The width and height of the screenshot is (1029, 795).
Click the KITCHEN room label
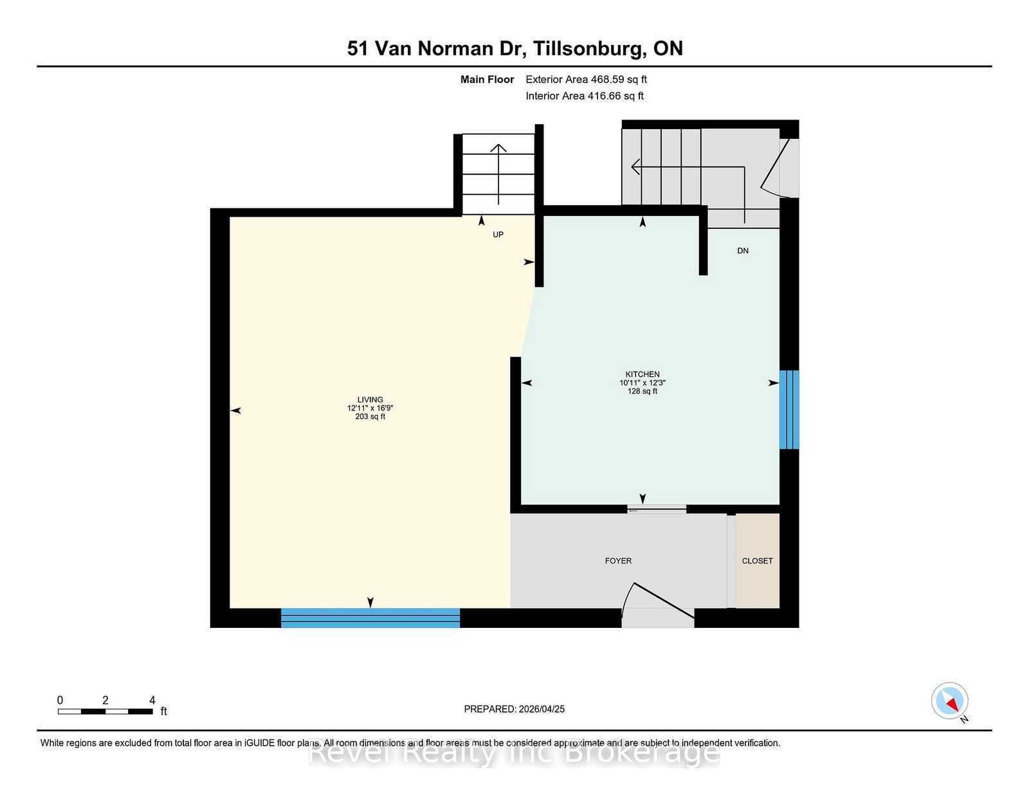click(x=642, y=374)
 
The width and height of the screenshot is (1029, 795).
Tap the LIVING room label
click(x=370, y=400)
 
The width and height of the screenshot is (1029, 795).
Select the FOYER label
click(x=618, y=561)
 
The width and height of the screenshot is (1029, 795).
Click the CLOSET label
click(x=757, y=561)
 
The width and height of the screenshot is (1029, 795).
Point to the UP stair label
click(x=498, y=234)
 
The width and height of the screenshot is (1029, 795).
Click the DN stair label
click(x=743, y=251)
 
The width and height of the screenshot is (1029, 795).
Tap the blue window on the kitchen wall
click(x=789, y=409)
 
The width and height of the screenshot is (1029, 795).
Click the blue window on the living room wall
click(x=370, y=618)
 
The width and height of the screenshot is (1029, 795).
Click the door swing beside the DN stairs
click(x=777, y=168)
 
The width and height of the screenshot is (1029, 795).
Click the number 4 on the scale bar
click(x=152, y=701)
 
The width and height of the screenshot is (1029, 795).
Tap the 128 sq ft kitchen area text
click(x=642, y=391)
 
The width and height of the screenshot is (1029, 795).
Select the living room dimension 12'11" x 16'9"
click(x=370, y=408)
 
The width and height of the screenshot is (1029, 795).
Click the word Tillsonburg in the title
click(x=588, y=48)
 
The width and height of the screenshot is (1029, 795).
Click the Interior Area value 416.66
click(x=604, y=96)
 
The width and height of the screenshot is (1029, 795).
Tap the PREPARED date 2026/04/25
click(x=542, y=709)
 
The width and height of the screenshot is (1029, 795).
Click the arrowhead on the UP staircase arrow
click(x=498, y=148)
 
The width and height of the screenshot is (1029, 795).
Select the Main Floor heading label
click(x=487, y=79)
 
